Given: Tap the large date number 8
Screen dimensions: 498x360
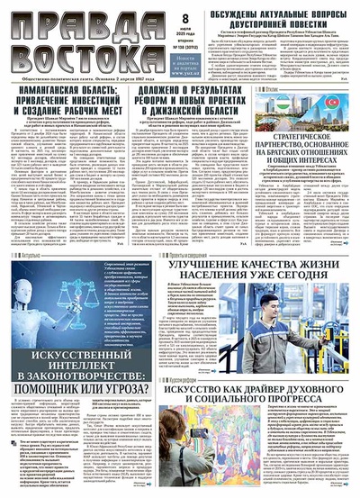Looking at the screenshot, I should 185,19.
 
